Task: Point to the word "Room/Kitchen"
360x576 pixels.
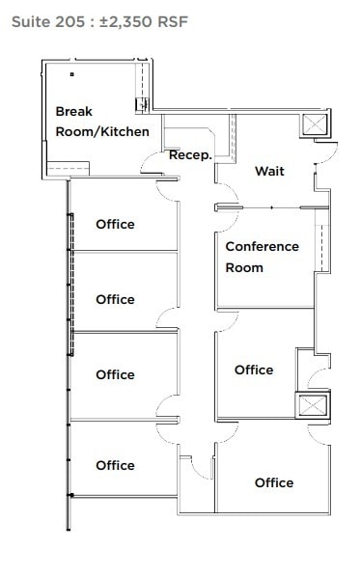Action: [102, 130]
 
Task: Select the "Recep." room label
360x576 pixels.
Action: [190, 154]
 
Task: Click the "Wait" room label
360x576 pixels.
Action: [269, 171]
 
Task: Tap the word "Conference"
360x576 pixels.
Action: [263, 246]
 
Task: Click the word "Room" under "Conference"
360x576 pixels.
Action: [244, 267]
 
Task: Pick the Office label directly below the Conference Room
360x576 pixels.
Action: [254, 370]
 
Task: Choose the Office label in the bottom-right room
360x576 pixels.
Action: [274, 482]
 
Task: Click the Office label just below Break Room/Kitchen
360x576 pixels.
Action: [115, 224]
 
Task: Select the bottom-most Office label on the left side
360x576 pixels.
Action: [115, 465]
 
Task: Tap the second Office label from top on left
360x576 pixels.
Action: [115, 299]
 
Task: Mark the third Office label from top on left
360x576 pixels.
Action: [115, 374]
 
